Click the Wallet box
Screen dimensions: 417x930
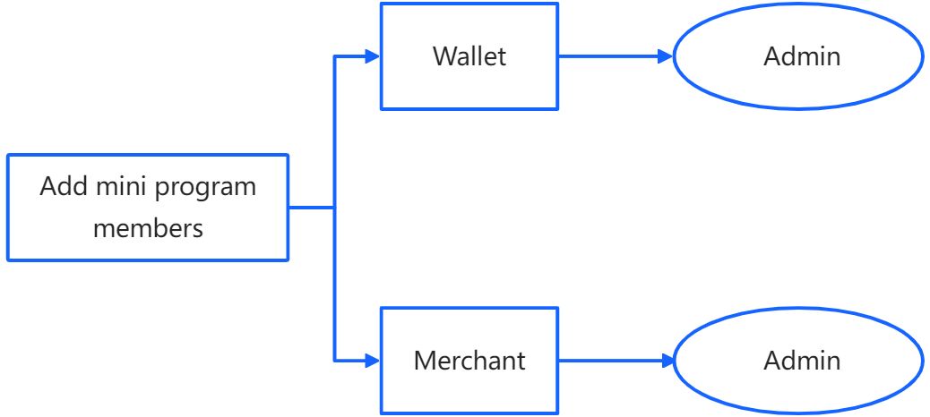469,56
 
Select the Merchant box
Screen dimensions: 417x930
469,361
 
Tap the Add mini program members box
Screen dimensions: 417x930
148,208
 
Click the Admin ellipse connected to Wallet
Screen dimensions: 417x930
797,56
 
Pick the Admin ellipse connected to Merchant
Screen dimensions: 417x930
797,361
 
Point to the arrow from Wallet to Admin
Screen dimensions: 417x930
609,56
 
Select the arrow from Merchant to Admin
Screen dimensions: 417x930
609,361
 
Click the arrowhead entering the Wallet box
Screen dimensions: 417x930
373,56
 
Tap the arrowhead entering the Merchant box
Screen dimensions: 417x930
373,361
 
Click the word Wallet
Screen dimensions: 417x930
469,56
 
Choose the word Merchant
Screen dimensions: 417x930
469,361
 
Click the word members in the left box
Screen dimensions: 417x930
148,228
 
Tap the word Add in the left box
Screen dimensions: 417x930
59,187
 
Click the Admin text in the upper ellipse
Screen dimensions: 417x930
802,56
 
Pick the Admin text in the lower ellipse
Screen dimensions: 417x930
802,361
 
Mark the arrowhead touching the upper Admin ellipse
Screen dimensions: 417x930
665,56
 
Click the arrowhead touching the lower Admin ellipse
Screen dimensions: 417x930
665,361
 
